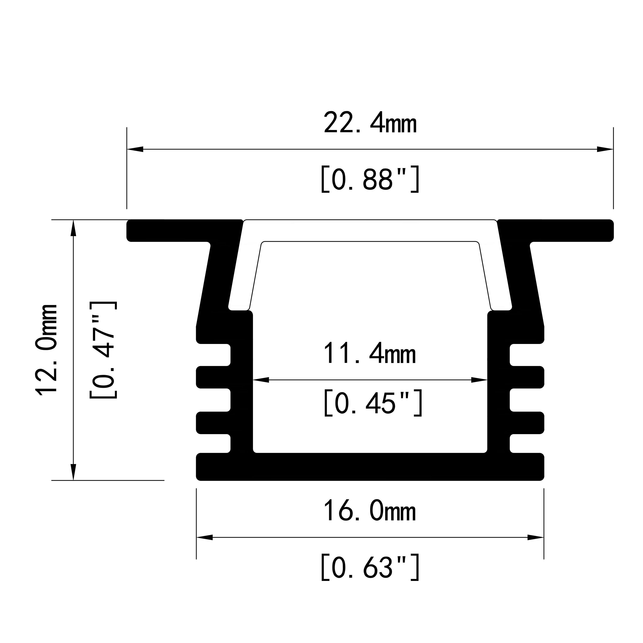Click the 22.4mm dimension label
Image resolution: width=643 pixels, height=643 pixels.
pos(370,123)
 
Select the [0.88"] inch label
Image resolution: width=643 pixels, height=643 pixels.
pos(370,179)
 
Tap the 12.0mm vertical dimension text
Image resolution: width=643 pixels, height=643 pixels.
pos(47,349)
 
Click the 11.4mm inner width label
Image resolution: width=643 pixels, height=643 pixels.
pos(369,354)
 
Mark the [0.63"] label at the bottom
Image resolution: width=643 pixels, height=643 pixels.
pos(370,568)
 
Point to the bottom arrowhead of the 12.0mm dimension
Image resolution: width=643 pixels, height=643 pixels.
pos(74,472)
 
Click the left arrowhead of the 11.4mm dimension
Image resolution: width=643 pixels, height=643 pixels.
pos(261,380)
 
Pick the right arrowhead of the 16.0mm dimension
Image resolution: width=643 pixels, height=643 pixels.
pos(536,537)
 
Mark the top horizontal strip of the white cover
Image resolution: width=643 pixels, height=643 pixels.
pos(370,230)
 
